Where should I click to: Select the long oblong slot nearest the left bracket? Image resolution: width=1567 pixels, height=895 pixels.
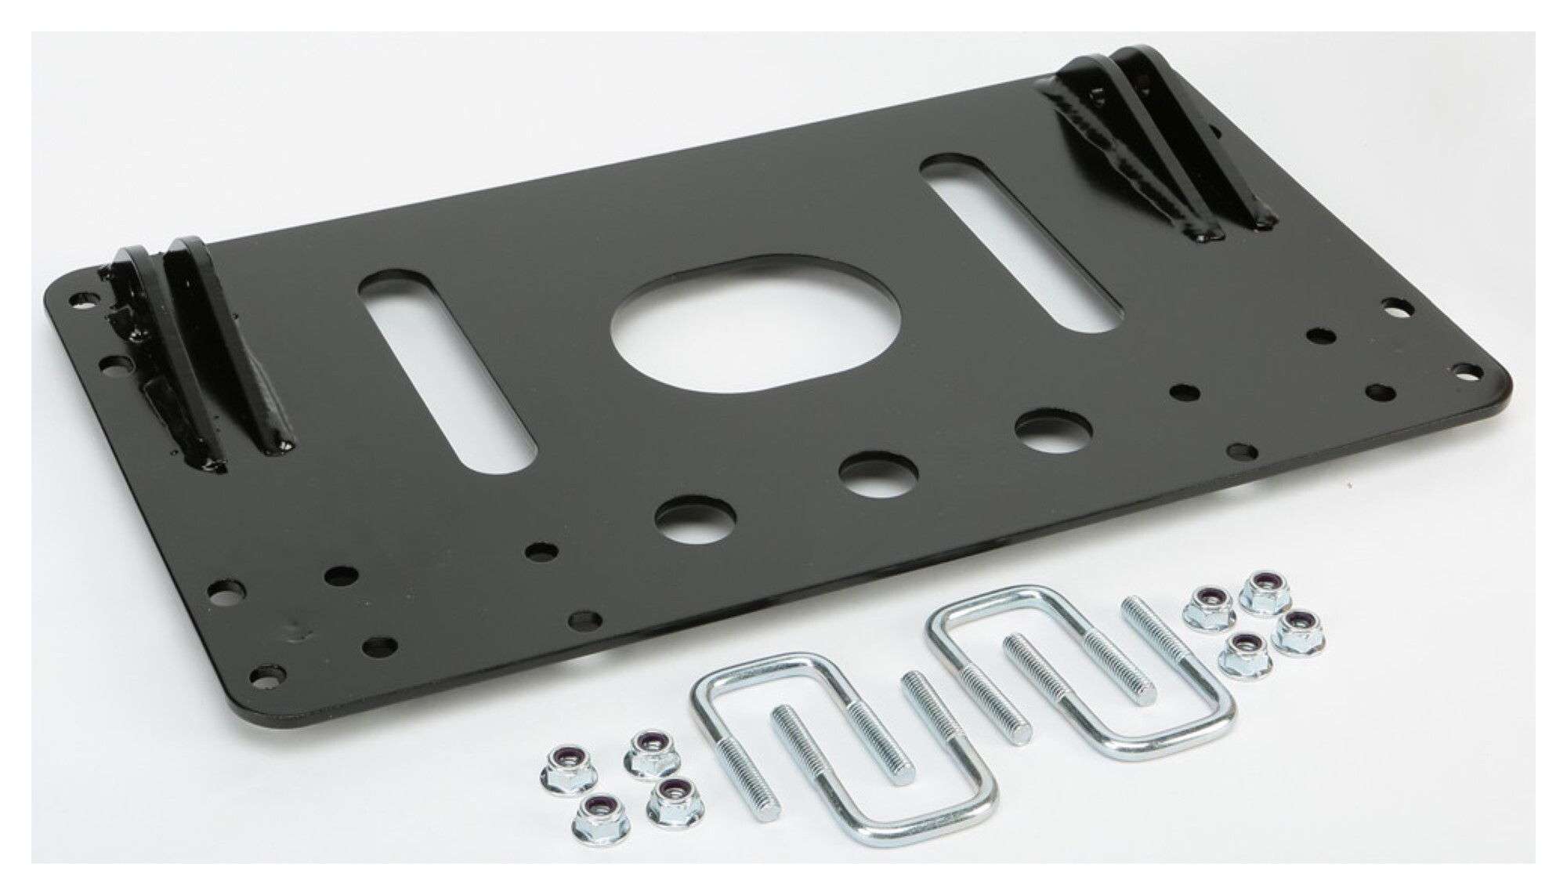447,372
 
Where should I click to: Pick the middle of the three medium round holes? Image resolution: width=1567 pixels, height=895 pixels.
877,473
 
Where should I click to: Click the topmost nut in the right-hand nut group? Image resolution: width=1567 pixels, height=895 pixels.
1263,592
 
